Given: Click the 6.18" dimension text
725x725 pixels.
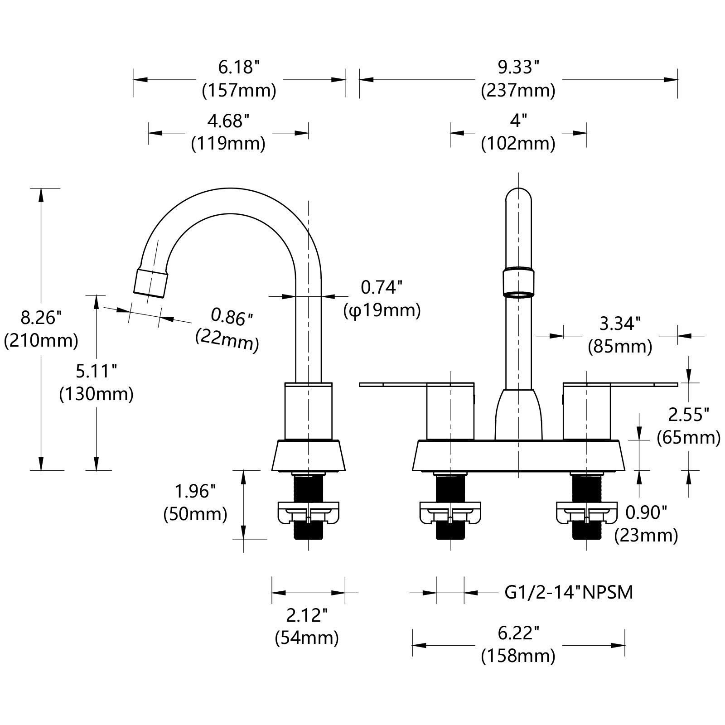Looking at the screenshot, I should (239, 68).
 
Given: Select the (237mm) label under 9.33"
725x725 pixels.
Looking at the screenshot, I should (518, 91).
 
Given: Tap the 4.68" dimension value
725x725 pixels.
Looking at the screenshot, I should (228, 121).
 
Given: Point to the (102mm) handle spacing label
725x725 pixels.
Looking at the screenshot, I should (518, 144).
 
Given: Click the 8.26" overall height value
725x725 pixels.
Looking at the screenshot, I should (41, 318).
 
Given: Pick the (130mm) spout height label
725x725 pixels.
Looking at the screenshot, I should (97, 394).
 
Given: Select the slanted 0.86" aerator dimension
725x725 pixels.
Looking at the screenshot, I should (231, 317).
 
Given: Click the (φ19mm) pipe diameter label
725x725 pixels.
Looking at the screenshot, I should (382, 311).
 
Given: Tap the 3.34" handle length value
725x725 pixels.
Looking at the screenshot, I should (620, 324).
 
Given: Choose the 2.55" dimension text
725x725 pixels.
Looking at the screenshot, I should (688, 415).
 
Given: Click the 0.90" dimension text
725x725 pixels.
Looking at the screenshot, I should (646, 513).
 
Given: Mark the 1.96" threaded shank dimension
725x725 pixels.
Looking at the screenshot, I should (195, 491).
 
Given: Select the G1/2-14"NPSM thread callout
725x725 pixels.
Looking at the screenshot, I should (569, 592).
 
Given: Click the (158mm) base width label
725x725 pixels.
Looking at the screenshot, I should (518, 656).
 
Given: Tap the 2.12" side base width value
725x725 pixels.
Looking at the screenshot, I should (307, 615).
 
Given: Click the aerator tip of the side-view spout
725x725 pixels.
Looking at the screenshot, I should (151, 282).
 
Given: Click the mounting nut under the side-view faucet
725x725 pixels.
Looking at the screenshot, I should (308, 512).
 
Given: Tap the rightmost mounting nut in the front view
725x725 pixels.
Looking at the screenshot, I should (587, 512).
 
